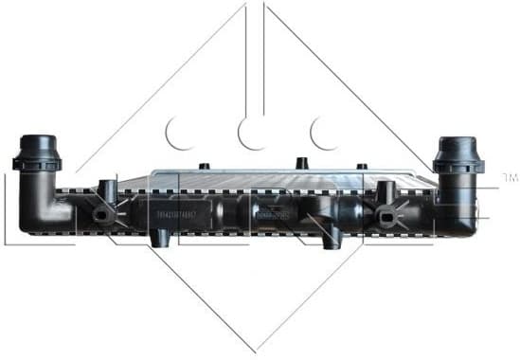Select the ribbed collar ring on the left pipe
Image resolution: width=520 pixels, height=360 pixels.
pyautogui.click(x=37, y=162)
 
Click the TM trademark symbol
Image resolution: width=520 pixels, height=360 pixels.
pyautogui.click(x=509, y=177)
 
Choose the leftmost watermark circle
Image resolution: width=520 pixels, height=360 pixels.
pyautogui.click(x=178, y=134)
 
